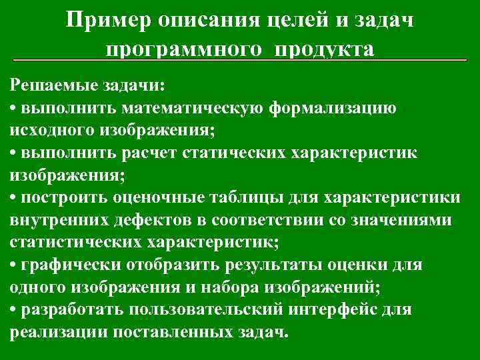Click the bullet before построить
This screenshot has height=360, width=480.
point(14,199)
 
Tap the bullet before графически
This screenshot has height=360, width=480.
point(14,266)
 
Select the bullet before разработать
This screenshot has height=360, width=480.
point(14,311)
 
